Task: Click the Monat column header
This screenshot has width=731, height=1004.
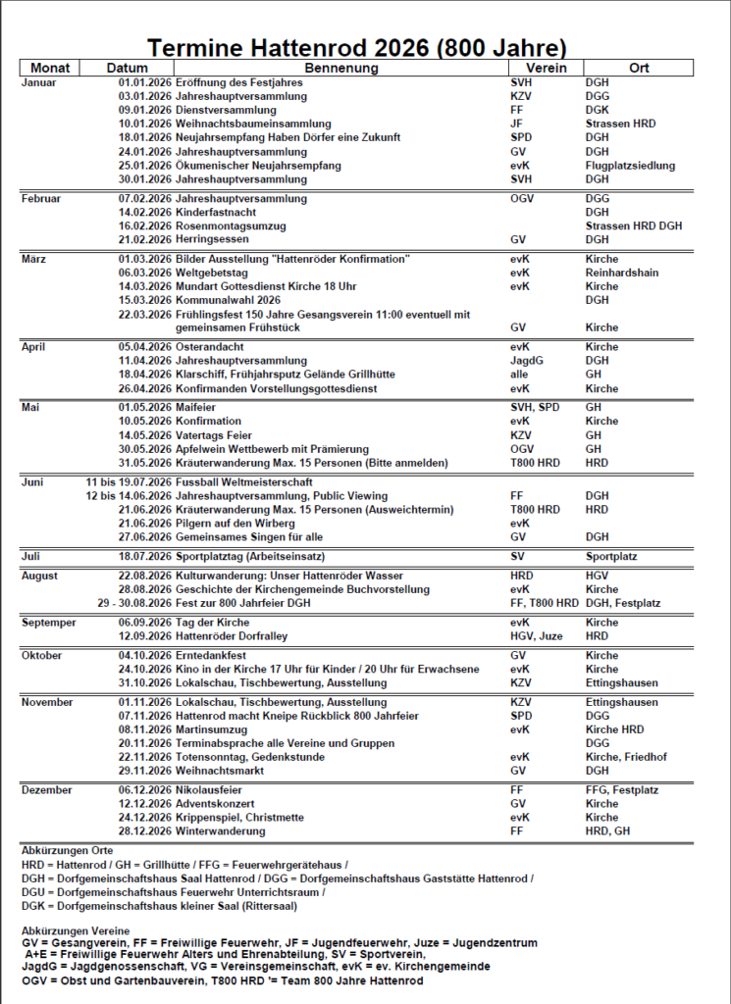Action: click(50, 69)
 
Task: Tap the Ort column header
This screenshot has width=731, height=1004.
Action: click(639, 69)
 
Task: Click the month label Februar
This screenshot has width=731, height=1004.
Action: click(41, 199)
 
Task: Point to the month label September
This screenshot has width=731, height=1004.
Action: click(49, 623)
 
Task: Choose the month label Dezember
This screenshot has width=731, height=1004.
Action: click(47, 790)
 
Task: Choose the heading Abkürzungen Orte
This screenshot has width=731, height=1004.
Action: click(67, 850)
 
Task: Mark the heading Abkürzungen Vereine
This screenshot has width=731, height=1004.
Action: click(74, 929)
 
